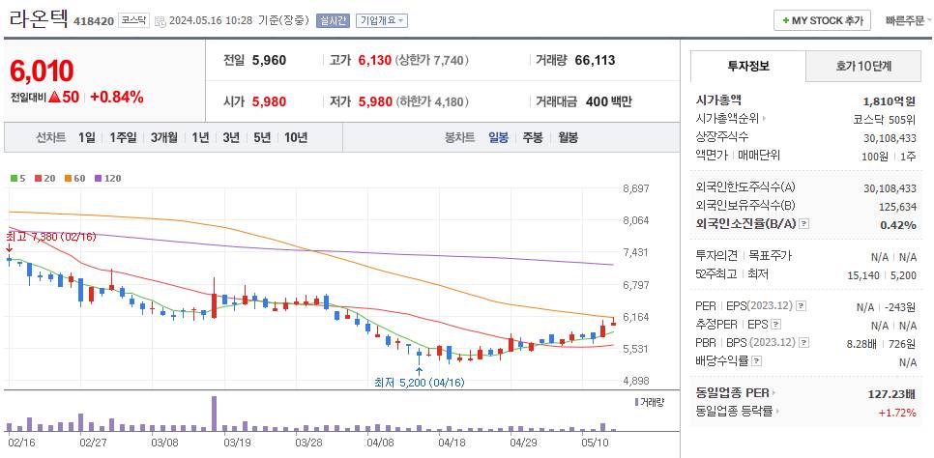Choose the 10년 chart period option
(295, 137)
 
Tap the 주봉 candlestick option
(532, 137)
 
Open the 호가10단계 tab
(863, 66)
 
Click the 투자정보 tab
(746, 66)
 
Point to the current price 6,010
(42, 71)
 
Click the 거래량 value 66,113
(595, 60)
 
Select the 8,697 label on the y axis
(635, 188)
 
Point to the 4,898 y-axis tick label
(635, 381)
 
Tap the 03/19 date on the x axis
(237, 442)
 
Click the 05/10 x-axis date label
(595, 442)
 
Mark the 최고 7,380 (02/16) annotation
(50, 236)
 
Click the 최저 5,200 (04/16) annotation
(420, 383)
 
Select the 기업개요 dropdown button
(381, 20)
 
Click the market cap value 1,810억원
(889, 100)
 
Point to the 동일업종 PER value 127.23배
(891, 394)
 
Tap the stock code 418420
(94, 20)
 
